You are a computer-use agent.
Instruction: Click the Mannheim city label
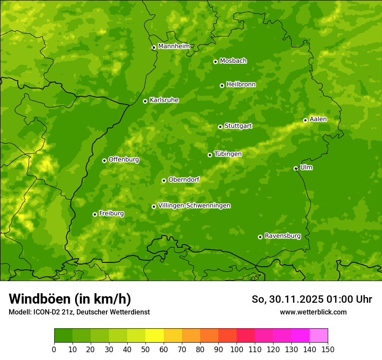pos(174,46)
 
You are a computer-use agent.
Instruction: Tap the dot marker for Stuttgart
pos(220,127)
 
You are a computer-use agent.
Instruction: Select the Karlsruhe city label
pos(164,100)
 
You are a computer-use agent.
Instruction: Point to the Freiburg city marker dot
pos(95,214)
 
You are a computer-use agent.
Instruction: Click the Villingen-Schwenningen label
pos(194,206)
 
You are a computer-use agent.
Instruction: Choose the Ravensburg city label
pos(282,236)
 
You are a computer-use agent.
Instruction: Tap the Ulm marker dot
pos(296,168)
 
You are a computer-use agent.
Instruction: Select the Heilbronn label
pos(240,85)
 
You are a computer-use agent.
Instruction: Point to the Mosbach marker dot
pos(215,62)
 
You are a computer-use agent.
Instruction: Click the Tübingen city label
pos(227,154)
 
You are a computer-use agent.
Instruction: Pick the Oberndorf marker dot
pos(164,180)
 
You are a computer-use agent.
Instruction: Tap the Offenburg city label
pos(123,160)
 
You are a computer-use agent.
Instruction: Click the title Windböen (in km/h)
pos(69,299)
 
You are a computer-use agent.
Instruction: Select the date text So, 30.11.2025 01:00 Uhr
pos(312,299)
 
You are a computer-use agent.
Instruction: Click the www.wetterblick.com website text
pos(313,312)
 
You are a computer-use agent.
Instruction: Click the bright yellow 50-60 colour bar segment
pos(155,336)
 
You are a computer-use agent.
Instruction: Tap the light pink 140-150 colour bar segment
pos(319,336)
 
